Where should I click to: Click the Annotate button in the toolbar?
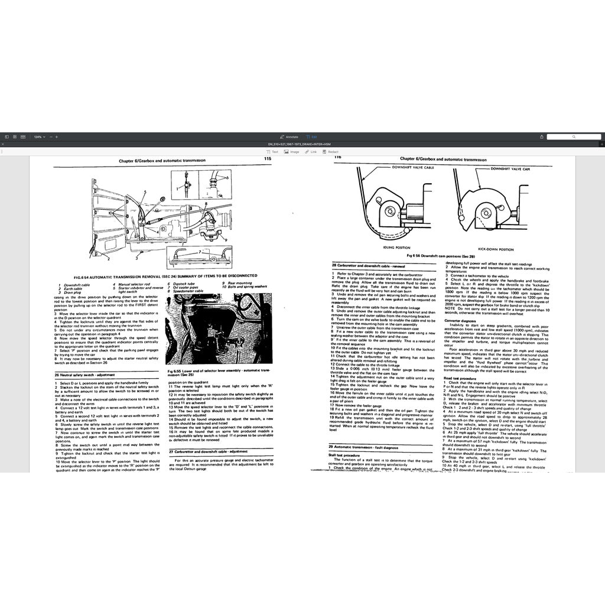point(290,136)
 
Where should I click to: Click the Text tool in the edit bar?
point(272,152)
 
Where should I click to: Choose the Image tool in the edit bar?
point(292,152)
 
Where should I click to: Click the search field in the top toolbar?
point(573,136)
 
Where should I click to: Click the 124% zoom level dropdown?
point(38,136)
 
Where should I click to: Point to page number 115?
point(267,159)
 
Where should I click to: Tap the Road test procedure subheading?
point(460,378)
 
